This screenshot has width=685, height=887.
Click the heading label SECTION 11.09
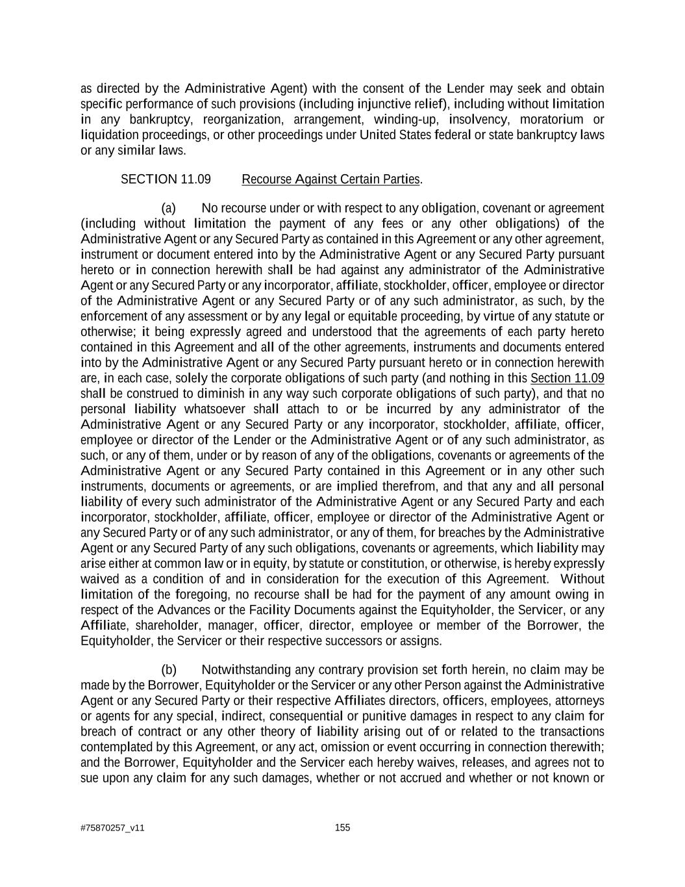(x=166, y=179)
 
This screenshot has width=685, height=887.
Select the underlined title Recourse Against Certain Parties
(x=331, y=179)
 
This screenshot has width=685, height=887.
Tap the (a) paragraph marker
(x=169, y=208)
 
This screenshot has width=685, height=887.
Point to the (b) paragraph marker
(x=169, y=670)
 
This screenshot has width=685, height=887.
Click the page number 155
(x=342, y=827)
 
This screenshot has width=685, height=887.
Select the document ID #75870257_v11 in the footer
(x=112, y=828)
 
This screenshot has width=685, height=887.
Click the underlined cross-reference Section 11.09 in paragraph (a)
(x=567, y=378)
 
